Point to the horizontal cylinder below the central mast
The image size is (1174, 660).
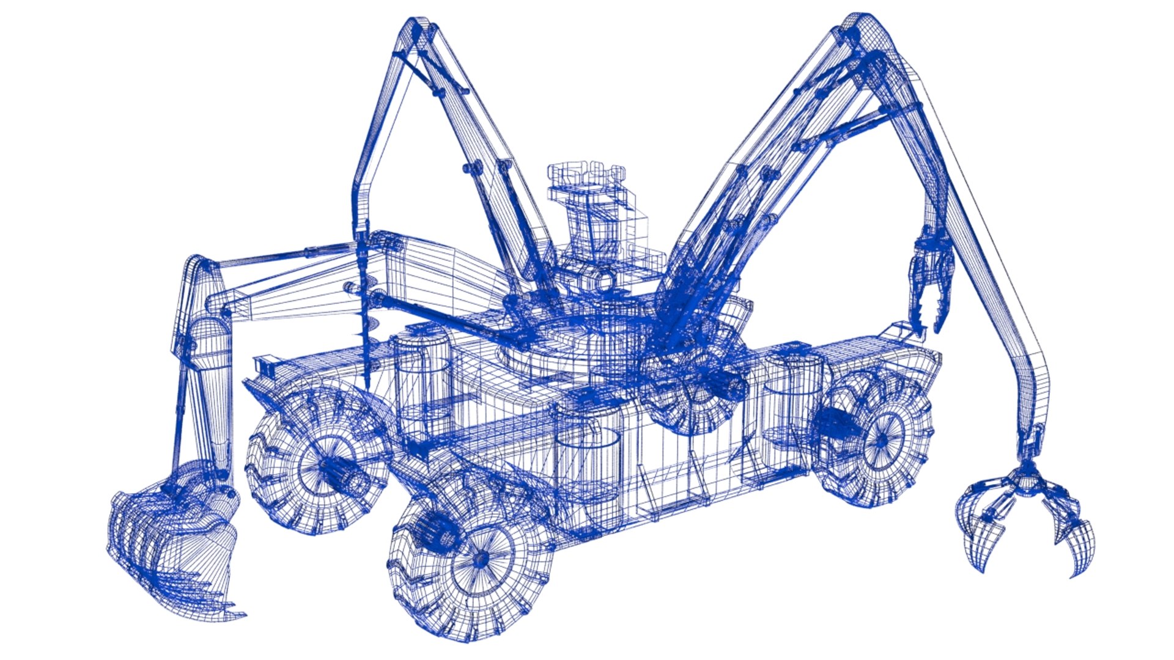596,281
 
